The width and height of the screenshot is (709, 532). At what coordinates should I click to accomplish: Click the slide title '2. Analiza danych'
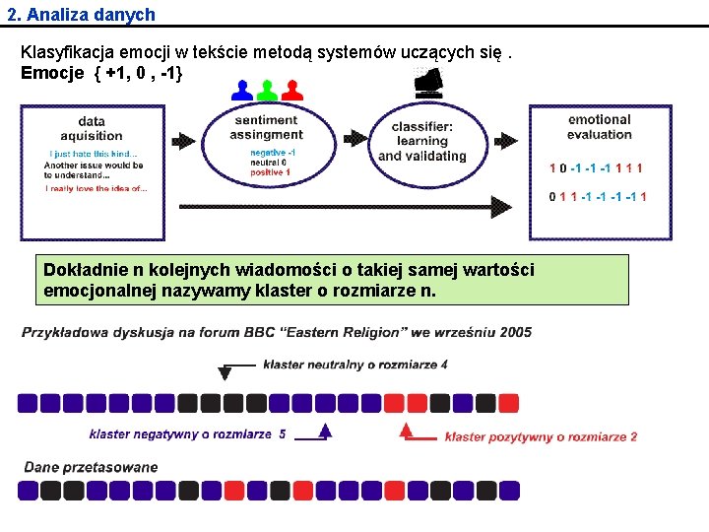[80, 15]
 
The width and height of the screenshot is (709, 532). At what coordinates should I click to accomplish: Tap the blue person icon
[241, 91]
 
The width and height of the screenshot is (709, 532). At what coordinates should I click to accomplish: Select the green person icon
[266, 91]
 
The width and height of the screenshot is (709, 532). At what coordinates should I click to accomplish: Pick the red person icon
[290, 91]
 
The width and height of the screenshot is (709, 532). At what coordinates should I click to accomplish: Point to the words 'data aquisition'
[92, 129]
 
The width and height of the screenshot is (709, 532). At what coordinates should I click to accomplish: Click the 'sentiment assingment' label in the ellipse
[266, 127]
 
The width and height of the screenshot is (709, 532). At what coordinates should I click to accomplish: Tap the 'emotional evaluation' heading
[599, 127]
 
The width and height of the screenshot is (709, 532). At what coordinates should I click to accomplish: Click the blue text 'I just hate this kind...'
[94, 154]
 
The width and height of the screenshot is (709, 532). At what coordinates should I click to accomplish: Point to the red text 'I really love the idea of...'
[97, 188]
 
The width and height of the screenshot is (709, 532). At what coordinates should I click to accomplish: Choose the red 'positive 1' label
[271, 172]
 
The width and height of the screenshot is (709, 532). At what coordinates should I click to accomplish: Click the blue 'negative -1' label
[273, 153]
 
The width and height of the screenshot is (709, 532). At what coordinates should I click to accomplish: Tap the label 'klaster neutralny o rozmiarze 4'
[355, 365]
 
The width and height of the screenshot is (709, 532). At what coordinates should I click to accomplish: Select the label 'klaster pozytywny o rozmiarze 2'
[541, 436]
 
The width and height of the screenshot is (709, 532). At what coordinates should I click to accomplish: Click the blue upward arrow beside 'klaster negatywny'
[325, 431]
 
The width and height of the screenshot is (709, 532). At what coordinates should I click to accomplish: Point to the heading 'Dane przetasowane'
[91, 467]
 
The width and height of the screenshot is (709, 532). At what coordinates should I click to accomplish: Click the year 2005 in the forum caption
[514, 332]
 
